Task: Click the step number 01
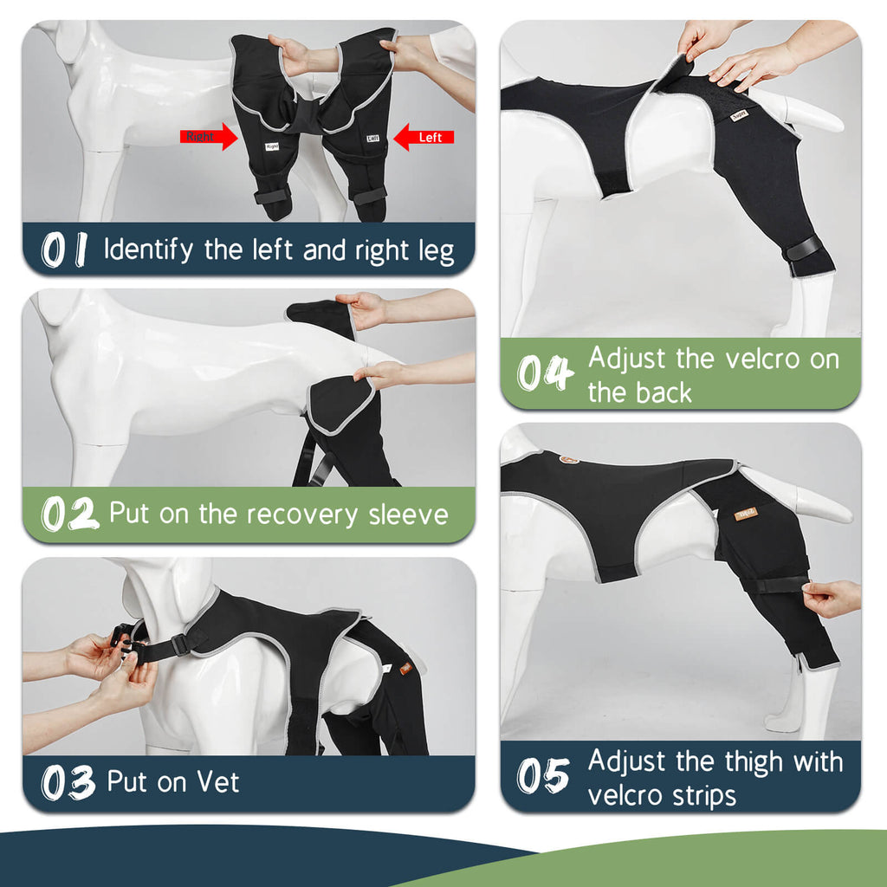64,250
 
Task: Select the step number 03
68,782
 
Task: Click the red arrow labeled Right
208,136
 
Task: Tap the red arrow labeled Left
424,137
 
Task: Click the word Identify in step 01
148,250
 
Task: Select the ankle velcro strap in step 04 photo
803,249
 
